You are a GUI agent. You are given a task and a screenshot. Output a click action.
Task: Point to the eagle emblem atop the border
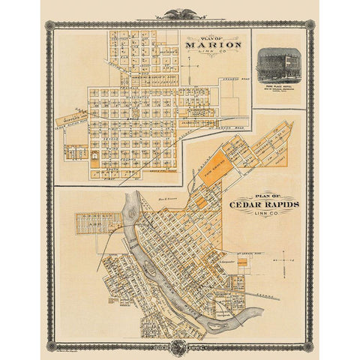pyautogui.click(x=180, y=13)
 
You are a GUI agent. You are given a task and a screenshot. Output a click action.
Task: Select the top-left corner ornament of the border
pyautogui.click(x=49, y=25)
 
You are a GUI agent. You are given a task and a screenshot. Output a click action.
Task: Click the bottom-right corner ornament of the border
pyautogui.click(x=310, y=346)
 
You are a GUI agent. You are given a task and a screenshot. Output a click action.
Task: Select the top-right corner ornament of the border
pyautogui.click(x=310, y=25)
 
